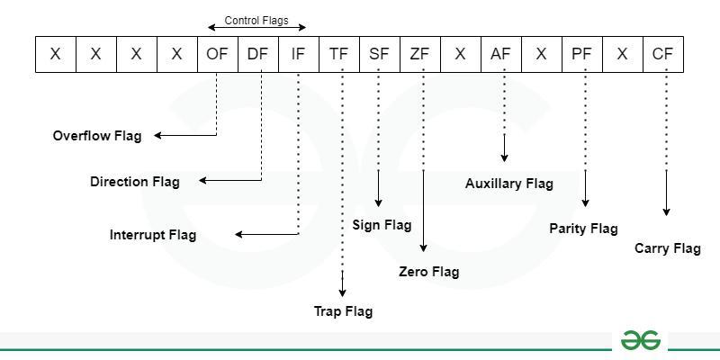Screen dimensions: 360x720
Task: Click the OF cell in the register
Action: (x=217, y=54)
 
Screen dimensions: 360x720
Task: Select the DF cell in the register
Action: (x=257, y=54)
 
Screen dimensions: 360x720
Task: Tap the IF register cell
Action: (x=298, y=54)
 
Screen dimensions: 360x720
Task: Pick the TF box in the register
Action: (x=338, y=54)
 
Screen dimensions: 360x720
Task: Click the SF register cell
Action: (x=379, y=54)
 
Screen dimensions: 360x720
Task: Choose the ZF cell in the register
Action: (x=419, y=54)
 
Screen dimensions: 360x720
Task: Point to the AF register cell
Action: (x=500, y=54)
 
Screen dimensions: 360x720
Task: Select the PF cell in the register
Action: (x=581, y=54)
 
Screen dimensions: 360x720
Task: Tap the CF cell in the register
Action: (x=662, y=54)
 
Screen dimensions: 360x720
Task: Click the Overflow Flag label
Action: (x=97, y=136)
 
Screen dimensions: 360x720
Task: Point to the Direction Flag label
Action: (x=135, y=182)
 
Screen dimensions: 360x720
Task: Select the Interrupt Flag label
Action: (x=153, y=235)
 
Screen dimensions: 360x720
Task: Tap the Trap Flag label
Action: (x=343, y=311)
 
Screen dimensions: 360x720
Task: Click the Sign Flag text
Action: (x=382, y=225)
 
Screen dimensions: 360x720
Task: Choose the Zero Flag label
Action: (x=428, y=272)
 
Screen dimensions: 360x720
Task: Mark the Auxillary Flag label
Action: (x=509, y=184)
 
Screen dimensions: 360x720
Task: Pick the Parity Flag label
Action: (x=583, y=229)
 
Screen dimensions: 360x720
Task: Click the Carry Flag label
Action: (x=667, y=248)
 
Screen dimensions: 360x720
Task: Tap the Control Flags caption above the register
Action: (x=256, y=20)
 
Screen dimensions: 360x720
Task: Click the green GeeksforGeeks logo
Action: (x=640, y=340)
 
